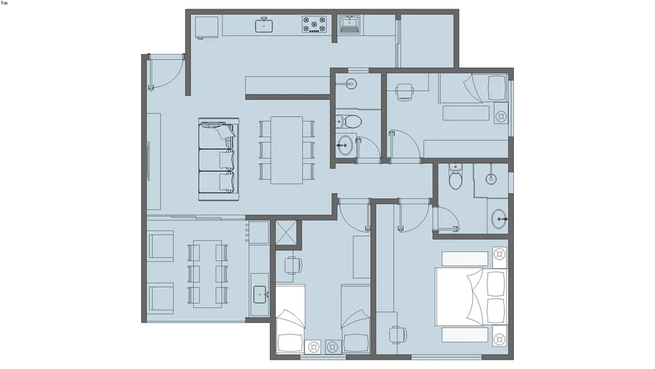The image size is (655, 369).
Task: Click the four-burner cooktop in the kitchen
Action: pos(314,25)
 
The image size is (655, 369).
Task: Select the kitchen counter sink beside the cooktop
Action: pos(264,25)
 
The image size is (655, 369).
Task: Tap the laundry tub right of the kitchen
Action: pos(350,25)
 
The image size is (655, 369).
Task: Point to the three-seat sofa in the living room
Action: pos(219,159)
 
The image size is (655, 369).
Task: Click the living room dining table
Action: pos(286,150)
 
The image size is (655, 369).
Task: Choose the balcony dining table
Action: pos(207,273)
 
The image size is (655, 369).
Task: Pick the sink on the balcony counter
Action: pos(260,295)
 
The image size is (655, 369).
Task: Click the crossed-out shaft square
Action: pos(286,232)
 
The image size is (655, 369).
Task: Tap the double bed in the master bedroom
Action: pos(471,297)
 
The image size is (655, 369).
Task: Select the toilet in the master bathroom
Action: pos(455,176)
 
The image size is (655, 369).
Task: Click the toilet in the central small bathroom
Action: pos(349,122)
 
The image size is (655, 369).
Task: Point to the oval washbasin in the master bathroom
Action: pos(499,219)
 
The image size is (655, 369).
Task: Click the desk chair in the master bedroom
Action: pos(398,335)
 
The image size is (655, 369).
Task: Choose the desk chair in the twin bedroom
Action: pos(293,266)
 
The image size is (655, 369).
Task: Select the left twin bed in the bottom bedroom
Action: pos(290,319)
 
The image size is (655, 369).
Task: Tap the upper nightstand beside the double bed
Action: pos(500,254)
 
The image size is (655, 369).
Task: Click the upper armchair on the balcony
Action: pos(161,246)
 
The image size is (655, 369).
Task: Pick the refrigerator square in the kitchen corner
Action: pos(207,27)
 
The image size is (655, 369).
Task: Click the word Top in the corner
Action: pos(4,3)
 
